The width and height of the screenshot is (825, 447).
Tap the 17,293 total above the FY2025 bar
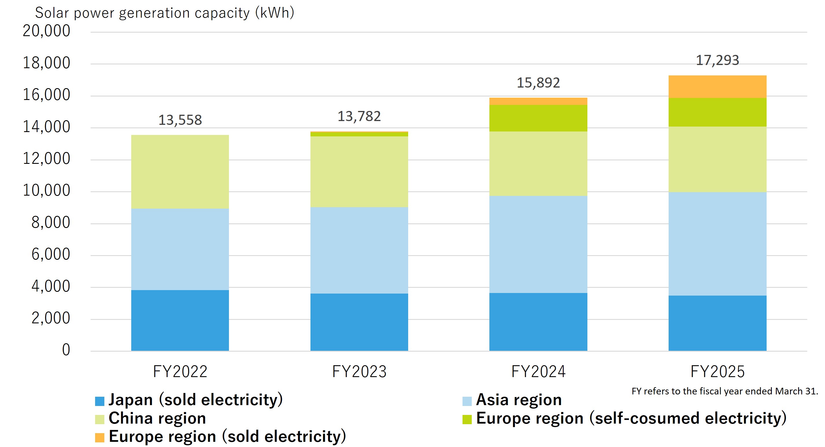point(717,60)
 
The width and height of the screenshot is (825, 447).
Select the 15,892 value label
point(538,83)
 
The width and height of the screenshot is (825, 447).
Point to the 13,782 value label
point(359,116)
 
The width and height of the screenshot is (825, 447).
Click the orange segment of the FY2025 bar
point(717,87)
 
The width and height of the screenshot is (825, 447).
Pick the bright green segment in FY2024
point(538,118)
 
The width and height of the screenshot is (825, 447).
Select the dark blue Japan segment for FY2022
point(180,320)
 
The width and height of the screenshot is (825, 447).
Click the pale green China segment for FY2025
point(717,159)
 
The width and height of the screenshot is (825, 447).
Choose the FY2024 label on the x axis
point(538,371)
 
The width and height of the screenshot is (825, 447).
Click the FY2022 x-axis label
point(180,371)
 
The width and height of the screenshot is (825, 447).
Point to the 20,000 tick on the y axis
point(47,31)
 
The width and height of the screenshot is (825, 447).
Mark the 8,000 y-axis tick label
point(51,222)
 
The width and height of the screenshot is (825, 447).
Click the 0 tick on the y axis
point(66,350)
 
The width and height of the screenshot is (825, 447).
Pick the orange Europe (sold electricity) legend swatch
point(100,438)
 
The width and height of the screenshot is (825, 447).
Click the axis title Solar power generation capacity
point(164,13)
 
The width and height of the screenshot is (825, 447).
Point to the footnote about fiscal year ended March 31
point(724,391)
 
